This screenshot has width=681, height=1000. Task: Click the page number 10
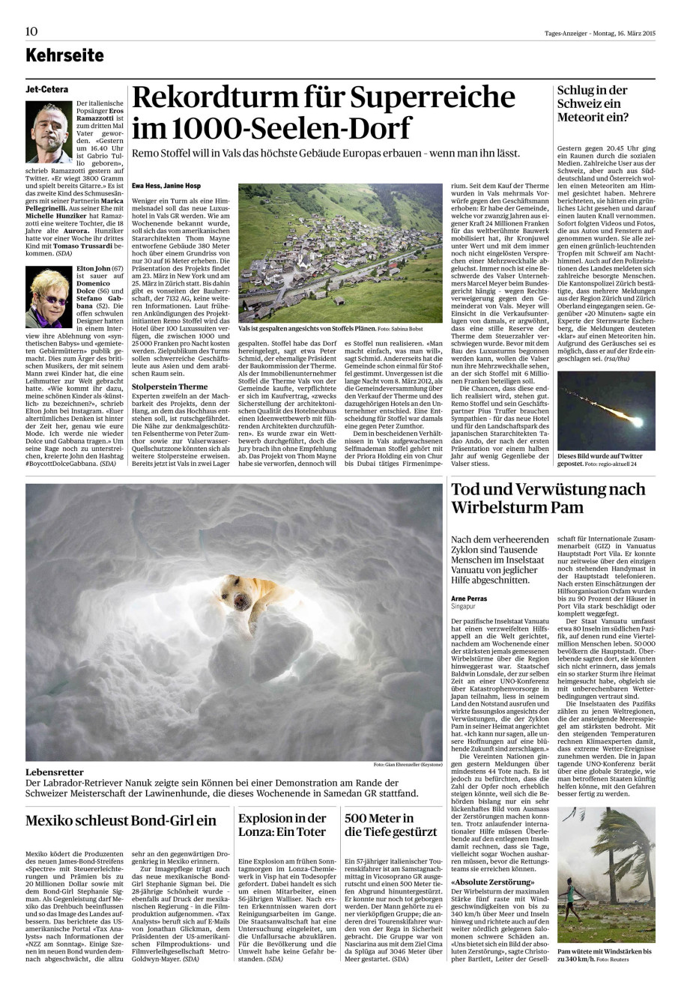[x=31, y=31]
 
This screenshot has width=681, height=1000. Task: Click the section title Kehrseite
[x=64, y=55]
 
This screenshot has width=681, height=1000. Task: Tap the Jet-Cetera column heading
[x=46, y=89]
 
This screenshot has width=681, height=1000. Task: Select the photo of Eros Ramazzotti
[x=49, y=132]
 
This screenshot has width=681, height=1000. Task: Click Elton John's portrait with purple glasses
[x=49, y=297]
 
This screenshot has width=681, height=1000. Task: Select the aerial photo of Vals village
[x=340, y=252]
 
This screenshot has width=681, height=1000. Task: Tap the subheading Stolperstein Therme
[x=169, y=387]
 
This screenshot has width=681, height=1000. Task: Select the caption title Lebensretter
[x=55, y=772]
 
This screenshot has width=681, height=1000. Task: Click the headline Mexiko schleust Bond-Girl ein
[x=121, y=820]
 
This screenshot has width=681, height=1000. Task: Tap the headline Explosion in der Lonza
[x=282, y=825]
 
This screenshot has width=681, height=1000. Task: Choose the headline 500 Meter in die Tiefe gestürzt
[x=390, y=825]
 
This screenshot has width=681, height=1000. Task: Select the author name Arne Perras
[x=469, y=599]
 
